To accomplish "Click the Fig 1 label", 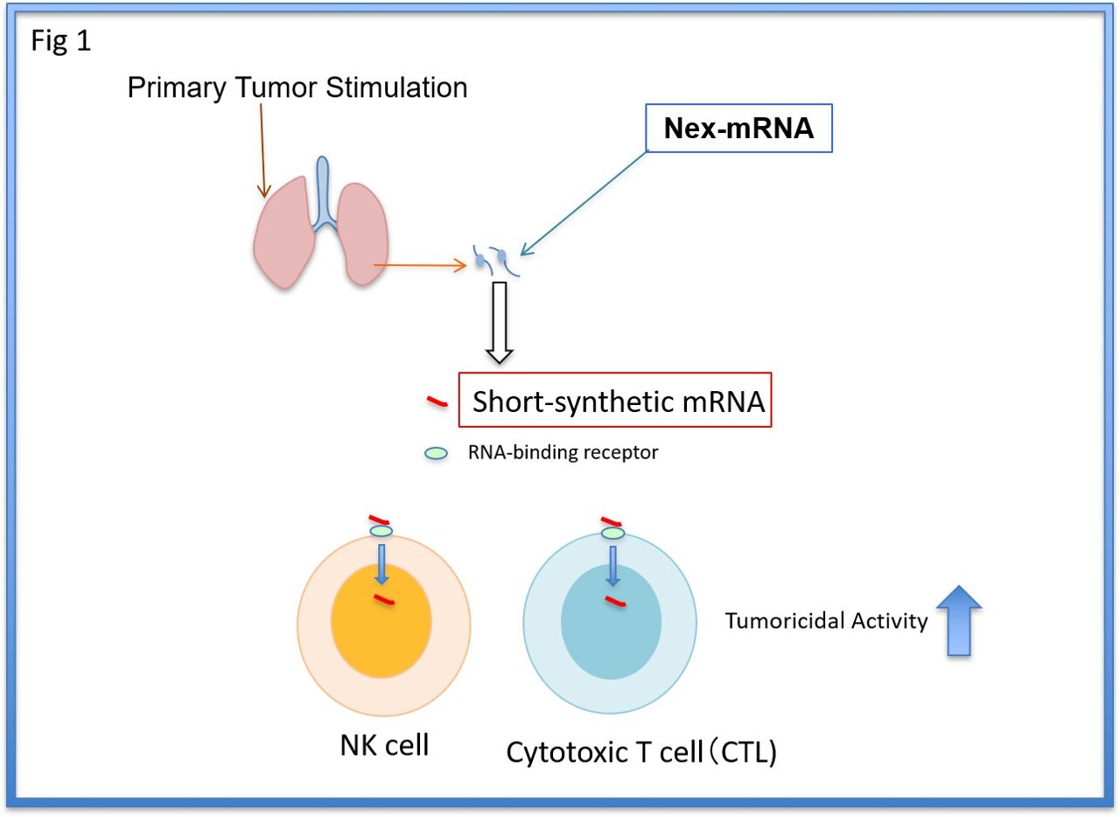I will (x=60, y=42).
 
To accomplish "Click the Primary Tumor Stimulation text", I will (x=297, y=87).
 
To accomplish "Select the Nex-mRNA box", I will (x=738, y=129).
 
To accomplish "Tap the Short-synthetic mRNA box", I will (x=616, y=402).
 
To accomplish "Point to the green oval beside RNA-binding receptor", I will (x=436, y=453).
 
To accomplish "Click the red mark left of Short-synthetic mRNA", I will (x=437, y=402).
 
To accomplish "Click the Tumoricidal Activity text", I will (x=825, y=621).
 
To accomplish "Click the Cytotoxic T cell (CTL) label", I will (x=642, y=753).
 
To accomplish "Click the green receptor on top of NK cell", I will (x=381, y=531).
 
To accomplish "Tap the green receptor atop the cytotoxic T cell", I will (x=612, y=533).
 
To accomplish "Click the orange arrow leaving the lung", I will (x=418, y=263).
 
